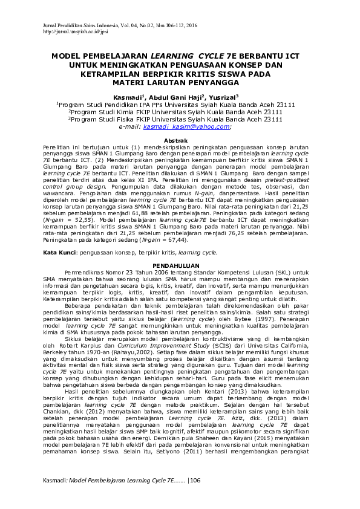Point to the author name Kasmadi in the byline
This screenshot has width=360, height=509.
click(x=126, y=97)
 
